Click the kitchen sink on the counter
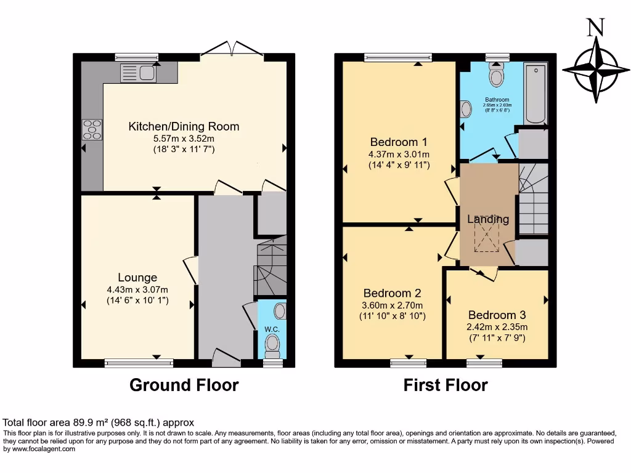[x=139, y=74]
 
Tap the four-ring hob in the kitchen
[x=92, y=129]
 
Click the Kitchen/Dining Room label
[x=184, y=127]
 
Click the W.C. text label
[x=272, y=329]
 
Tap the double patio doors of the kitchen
[x=232, y=51]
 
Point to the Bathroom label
[x=497, y=100]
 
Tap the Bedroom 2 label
[x=392, y=293]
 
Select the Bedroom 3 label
[x=497, y=315]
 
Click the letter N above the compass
[x=595, y=28]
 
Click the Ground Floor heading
[x=184, y=386]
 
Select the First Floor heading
[x=446, y=386]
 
